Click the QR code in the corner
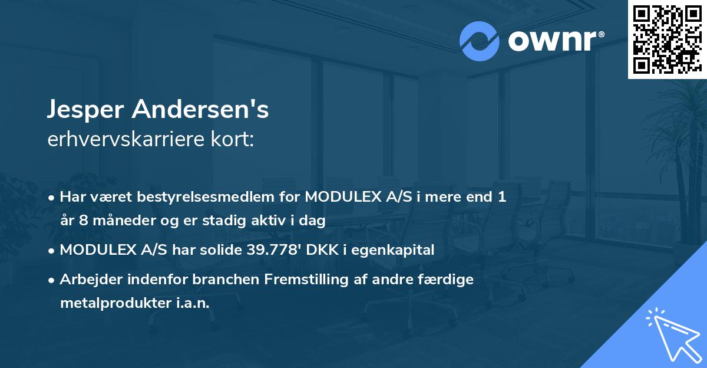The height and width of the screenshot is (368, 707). [667, 39]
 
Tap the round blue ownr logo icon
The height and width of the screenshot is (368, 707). [480, 41]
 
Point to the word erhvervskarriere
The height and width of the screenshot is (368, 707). [124, 140]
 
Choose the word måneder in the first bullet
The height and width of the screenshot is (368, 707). [113, 221]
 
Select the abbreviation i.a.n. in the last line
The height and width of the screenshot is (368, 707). [191, 303]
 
